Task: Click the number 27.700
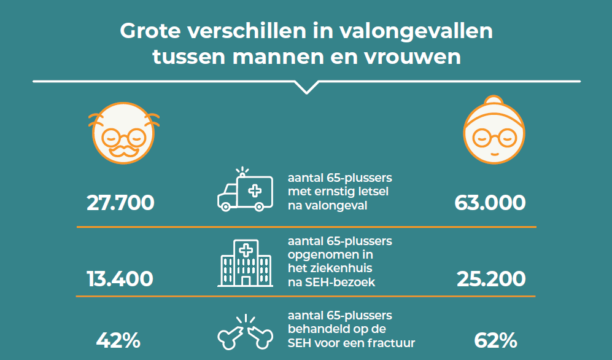[x=120, y=203]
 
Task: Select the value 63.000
[x=490, y=203]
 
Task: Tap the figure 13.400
[x=120, y=278]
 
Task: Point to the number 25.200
[x=491, y=278]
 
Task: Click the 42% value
[x=118, y=340]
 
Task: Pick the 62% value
[x=495, y=340]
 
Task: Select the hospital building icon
[x=245, y=265]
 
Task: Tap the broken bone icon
[x=245, y=332]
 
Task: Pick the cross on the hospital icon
[x=246, y=250]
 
